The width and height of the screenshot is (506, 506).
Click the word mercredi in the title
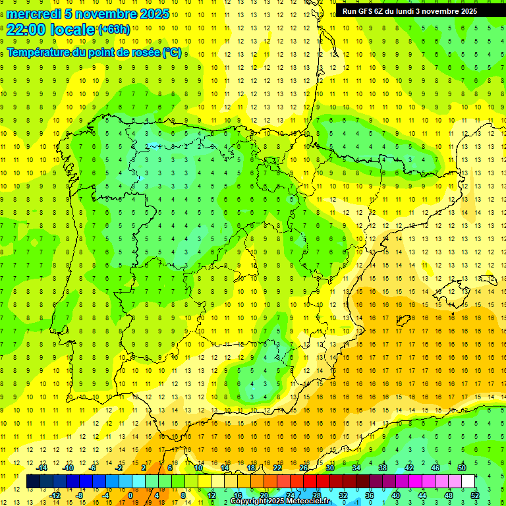pyautogui.click(x=34, y=14)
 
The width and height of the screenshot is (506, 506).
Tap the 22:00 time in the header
pyautogui.click(x=24, y=30)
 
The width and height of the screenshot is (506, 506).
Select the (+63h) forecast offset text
pyautogui.click(x=113, y=30)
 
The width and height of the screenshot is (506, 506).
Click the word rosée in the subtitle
pyautogui.click(x=144, y=53)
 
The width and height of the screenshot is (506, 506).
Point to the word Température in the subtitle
pyautogui.click(x=39, y=53)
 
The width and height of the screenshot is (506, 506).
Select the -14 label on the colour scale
pyautogui.click(x=42, y=468)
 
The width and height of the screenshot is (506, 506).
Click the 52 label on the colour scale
pyautogui.click(x=475, y=495)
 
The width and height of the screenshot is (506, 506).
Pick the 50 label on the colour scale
pyautogui.click(x=462, y=468)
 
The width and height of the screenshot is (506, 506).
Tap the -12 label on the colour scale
pyautogui.click(x=55, y=495)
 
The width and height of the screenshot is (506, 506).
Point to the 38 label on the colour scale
pyautogui.click(x=383, y=468)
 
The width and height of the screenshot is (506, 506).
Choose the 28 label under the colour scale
pyautogui.click(x=317, y=495)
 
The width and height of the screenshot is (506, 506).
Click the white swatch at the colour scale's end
pyautogui.click(x=468, y=482)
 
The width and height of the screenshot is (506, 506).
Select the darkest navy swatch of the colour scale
pyautogui.click(x=34, y=482)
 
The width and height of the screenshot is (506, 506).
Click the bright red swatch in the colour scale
pyautogui.click(x=310, y=482)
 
